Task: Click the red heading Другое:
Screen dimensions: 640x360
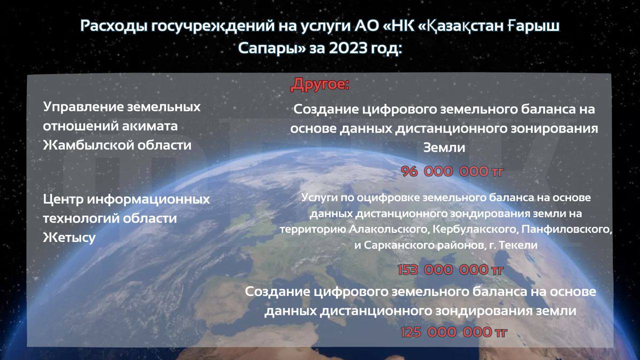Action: tap(320, 84)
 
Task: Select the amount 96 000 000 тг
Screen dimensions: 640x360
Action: tap(452, 171)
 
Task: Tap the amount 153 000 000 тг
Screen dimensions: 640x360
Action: tap(450, 269)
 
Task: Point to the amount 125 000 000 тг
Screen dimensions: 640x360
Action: tap(453, 332)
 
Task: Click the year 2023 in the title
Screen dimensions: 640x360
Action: tap(347, 48)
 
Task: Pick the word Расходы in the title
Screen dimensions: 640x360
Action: tap(113, 26)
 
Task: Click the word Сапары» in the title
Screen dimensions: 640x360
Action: tap(272, 48)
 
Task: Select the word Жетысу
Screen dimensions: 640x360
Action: tap(69, 237)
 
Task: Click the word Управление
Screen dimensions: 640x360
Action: tap(83, 107)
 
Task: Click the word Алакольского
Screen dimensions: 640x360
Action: tap(389, 229)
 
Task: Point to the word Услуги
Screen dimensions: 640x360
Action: tap(319, 198)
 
